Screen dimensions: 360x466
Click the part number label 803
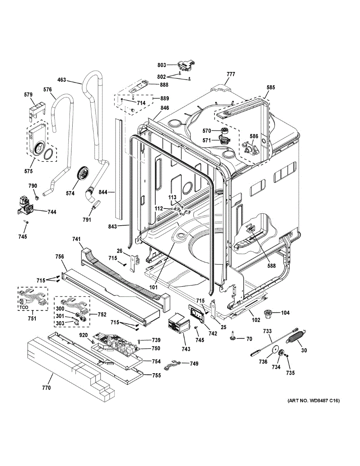[x=162, y=65]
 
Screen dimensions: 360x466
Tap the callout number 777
[x=231, y=74]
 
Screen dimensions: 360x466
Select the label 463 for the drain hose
[x=61, y=80]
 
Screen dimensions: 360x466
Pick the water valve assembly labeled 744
[x=25, y=206]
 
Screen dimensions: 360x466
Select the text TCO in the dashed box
[x=24, y=307]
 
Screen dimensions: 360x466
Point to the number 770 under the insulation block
[x=46, y=388]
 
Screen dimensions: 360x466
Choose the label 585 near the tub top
[x=271, y=87]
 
